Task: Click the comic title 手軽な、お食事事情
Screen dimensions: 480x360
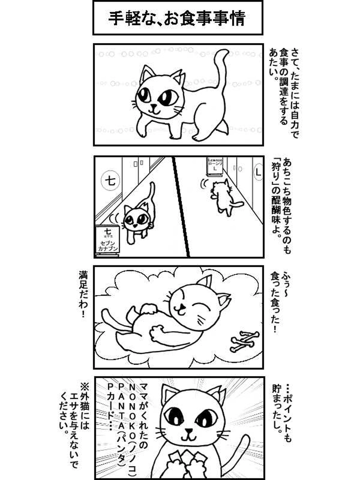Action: (x=177, y=18)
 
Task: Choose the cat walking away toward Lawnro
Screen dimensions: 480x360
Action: (x=223, y=197)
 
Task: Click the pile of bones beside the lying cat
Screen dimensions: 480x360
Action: (x=244, y=341)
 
